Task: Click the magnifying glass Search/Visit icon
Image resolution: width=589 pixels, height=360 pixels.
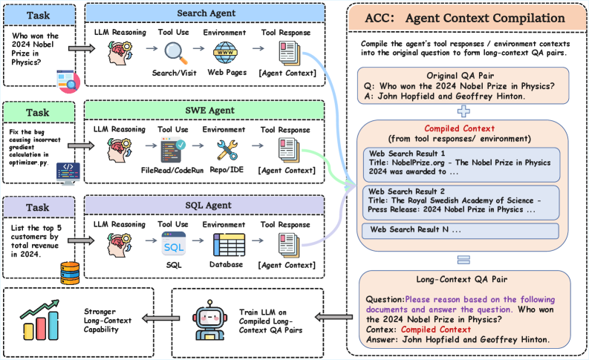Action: click(175, 53)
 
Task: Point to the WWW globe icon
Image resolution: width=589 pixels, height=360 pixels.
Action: click(225, 53)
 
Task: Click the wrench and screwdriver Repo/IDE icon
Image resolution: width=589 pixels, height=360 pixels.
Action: click(227, 150)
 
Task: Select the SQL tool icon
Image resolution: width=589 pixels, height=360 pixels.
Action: click(174, 243)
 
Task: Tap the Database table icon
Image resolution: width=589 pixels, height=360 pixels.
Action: click(230, 245)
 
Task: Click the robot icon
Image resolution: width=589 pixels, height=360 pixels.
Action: click(209, 320)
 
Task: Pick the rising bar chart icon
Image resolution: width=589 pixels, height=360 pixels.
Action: click(40, 320)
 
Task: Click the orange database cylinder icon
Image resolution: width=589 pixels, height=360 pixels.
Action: click(70, 273)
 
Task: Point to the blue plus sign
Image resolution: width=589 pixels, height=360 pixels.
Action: click(463, 111)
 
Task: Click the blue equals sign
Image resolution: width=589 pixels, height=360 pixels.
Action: click(463, 260)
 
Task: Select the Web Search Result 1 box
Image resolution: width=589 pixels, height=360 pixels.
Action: click(462, 165)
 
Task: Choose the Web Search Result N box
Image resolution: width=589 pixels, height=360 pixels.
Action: click(461, 231)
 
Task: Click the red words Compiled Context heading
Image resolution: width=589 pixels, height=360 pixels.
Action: click(460, 128)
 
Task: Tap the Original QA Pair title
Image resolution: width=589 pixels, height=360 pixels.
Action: click(461, 76)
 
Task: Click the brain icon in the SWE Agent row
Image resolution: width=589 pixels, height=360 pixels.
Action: click(120, 150)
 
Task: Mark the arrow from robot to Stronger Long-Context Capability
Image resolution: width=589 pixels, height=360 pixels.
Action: click(160, 318)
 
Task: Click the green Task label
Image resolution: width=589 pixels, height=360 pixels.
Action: click(38, 113)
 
